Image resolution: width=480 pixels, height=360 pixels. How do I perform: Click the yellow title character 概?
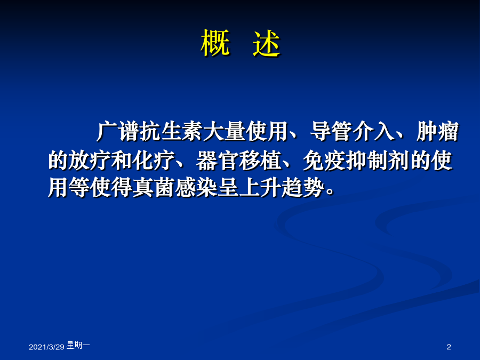coord(215,43)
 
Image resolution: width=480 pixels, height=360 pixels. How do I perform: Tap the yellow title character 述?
coord(266,43)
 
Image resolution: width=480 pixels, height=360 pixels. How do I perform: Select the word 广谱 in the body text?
coord(118,132)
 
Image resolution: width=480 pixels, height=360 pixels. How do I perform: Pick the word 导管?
coord(331,132)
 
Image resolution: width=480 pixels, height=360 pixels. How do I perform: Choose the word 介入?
coord(373,132)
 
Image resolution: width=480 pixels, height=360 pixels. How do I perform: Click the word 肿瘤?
coord(437,132)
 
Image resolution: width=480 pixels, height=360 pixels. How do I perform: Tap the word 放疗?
coord(90,160)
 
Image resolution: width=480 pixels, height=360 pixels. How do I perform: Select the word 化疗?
coord(154,160)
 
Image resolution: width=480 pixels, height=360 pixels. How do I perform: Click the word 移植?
coord(260,160)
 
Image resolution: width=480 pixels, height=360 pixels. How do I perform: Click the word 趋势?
coord(303,187)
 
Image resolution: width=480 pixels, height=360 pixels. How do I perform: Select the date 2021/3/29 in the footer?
coord(46,347)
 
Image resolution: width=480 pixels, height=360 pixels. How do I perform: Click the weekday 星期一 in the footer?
coord(78,345)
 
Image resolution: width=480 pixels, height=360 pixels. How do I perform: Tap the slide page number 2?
coord(449,347)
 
